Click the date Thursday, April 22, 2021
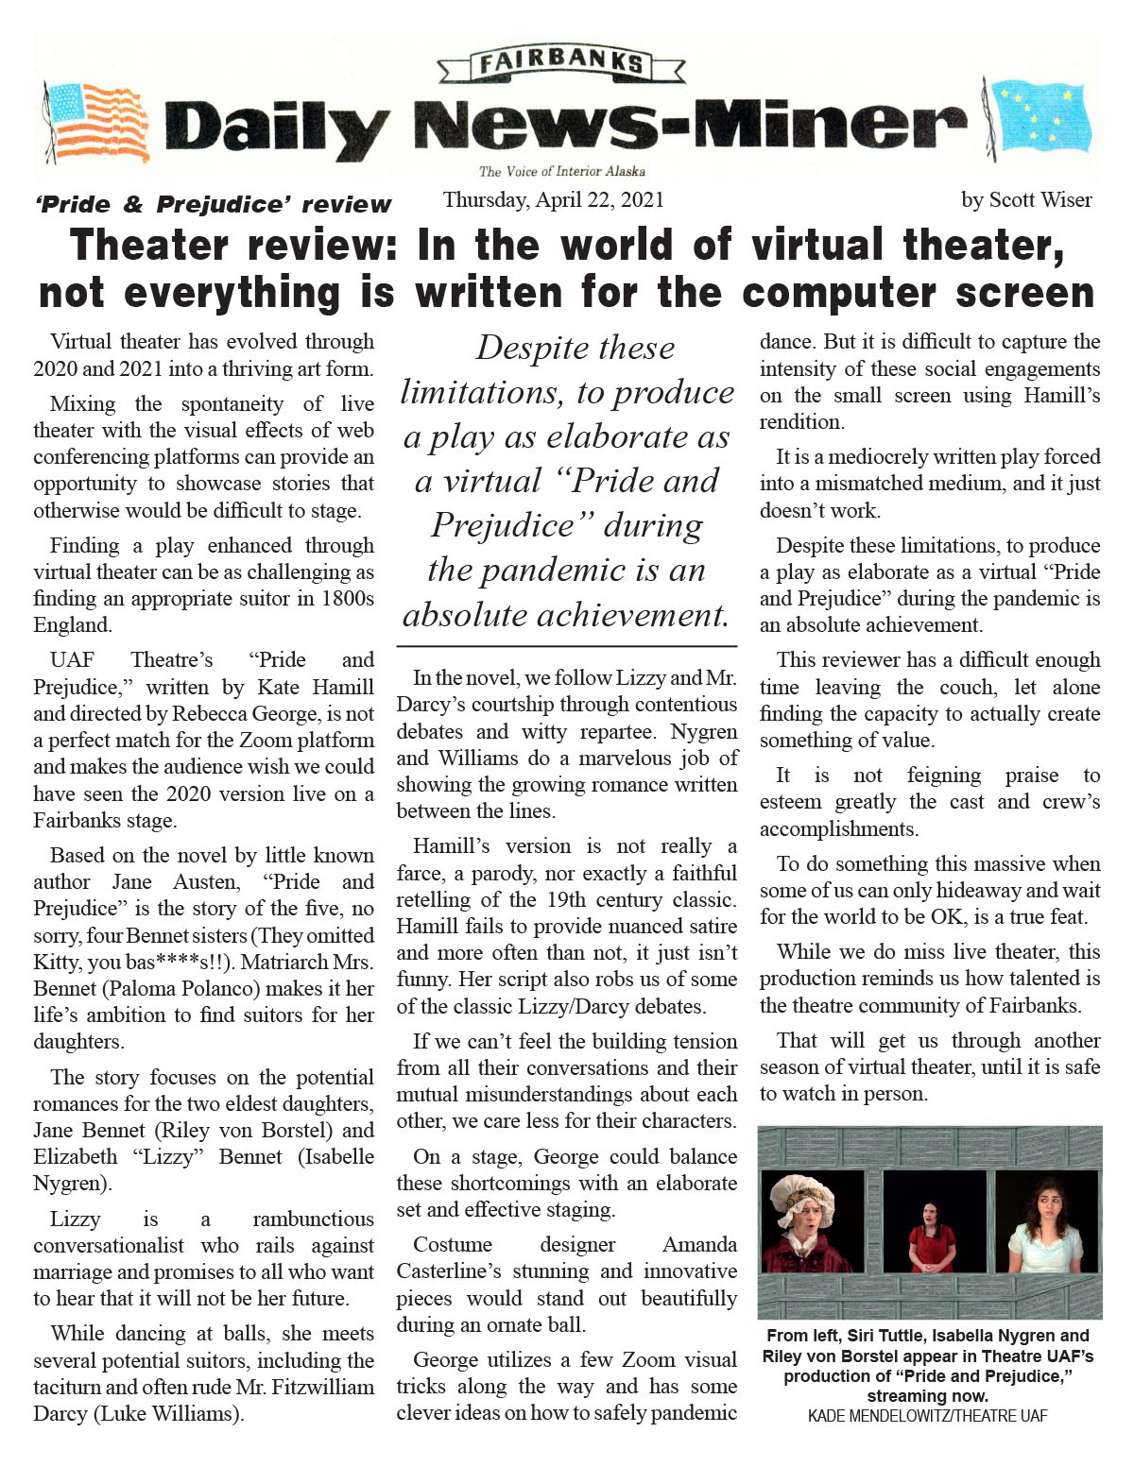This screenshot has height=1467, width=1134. tap(554, 200)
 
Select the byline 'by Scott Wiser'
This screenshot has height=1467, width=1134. tap(1026, 200)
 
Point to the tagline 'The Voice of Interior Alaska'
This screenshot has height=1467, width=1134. tap(561, 172)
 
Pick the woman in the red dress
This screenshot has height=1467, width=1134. tap(931, 1234)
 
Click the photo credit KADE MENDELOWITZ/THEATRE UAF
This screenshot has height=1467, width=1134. tap(927, 1416)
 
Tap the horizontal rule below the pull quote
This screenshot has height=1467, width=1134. tap(567, 647)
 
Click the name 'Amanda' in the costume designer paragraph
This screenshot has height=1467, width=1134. tap(699, 1245)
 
